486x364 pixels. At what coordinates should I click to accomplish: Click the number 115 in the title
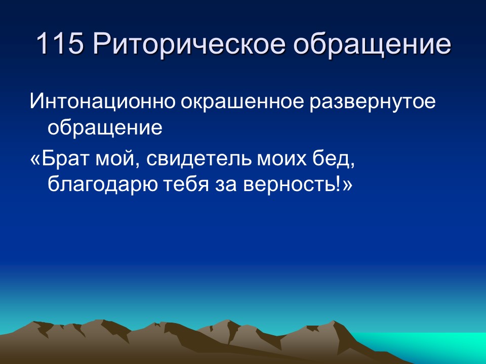pyautogui.click(x=60, y=44)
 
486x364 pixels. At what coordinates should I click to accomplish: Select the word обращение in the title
pyautogui.click(x=373, y=45)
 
